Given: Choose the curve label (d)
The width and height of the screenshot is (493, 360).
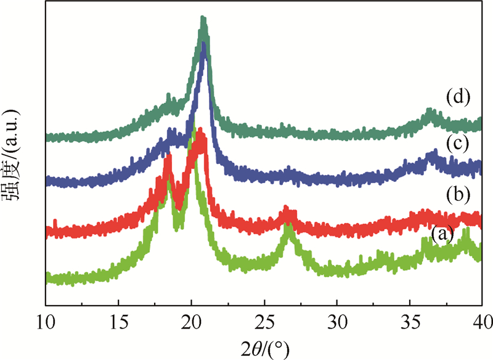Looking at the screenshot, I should coord(458,97).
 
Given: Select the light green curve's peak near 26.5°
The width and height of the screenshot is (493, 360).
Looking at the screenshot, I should coord(288,229).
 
